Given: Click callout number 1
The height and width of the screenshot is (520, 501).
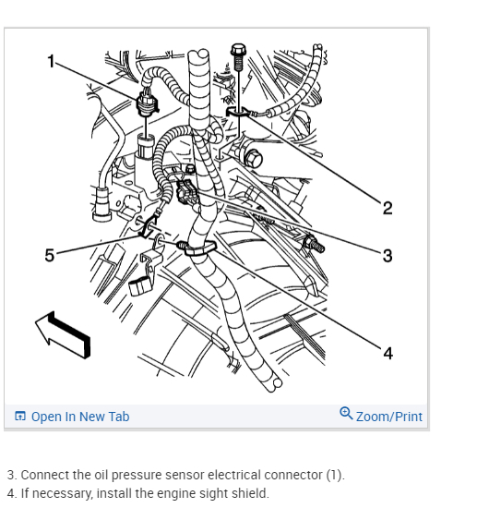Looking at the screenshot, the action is pos(51,61).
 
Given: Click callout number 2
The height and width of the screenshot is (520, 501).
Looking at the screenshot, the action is pos(388,208).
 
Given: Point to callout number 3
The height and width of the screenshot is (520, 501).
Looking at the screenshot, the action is pos(388,256).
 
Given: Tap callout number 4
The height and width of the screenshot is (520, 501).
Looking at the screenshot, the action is pos(388,353).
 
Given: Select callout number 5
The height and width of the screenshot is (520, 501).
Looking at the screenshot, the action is pos(50,255).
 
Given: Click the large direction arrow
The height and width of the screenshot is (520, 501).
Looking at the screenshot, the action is pos(63,334).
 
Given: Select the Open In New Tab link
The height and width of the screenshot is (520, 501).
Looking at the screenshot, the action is pos(80,417).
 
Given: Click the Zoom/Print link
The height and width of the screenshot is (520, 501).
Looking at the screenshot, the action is pos(389,417).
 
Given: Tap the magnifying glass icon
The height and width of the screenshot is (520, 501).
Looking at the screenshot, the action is pos(346,413).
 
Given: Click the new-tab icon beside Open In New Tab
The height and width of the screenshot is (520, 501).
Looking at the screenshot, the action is pos(20,416).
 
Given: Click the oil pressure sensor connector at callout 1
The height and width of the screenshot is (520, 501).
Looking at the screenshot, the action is pos(147,103).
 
